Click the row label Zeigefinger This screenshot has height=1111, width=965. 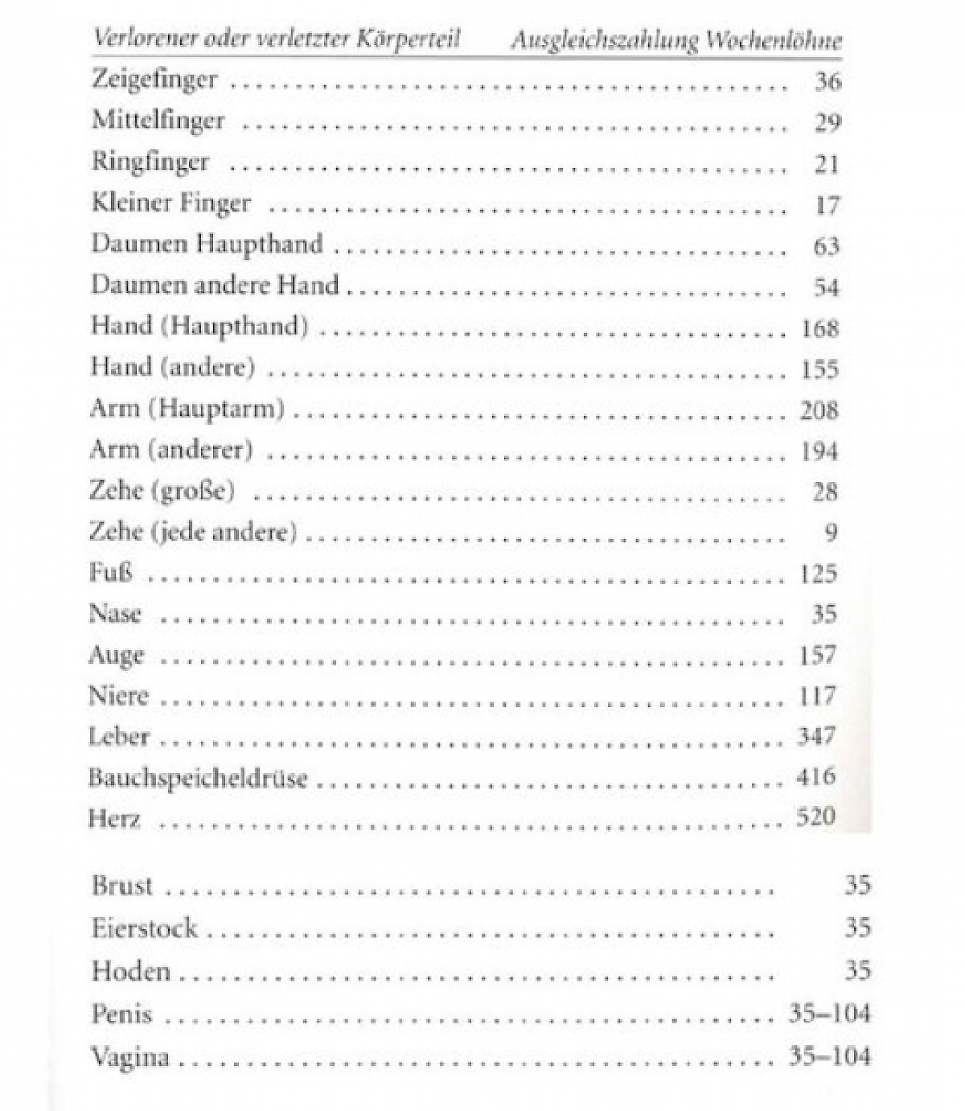[154, 80]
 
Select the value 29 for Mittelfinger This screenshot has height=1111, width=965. [827, 122]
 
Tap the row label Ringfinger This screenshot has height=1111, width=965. [150, 162]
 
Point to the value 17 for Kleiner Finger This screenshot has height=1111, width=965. [827, 205]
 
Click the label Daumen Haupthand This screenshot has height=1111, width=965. [207, 244]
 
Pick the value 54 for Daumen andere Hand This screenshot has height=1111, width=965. [826, 287]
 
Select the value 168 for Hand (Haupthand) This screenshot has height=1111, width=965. [819, 328]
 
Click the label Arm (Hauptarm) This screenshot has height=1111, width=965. [187, 409]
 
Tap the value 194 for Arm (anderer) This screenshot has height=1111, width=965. [819, 451]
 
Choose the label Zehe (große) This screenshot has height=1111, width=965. [162, 491]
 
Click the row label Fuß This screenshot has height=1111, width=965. [111, 573]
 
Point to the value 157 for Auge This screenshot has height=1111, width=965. [818, 655]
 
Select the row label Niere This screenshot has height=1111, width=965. [118, 695]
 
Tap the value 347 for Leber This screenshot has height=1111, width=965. [816, 736]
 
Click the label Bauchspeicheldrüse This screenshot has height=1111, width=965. [198, 778]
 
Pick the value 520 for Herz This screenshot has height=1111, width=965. [815, 817]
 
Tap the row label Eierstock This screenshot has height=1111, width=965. [145, 928]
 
